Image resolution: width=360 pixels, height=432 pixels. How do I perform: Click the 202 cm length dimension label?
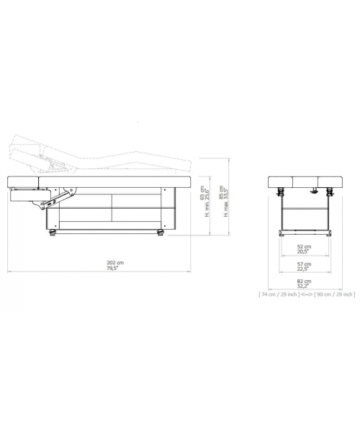pos(115,263)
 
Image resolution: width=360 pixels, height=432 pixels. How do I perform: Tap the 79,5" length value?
pos(113,268)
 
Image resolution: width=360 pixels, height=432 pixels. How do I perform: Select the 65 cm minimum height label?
pos(203,192)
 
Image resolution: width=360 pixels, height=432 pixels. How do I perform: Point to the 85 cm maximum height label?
pos(221,192)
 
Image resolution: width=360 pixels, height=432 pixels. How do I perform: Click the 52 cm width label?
pos(304,246)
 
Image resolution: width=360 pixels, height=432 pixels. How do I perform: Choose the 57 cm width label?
pos(304,264)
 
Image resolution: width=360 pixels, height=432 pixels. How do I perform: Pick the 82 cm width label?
pos(304,282)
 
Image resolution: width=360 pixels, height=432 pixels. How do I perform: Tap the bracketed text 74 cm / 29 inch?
pos(279,294)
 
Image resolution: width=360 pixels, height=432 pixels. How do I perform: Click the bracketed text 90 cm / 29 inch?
pos(334,294)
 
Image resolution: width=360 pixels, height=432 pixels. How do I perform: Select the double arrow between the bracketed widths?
pos(307,294)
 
